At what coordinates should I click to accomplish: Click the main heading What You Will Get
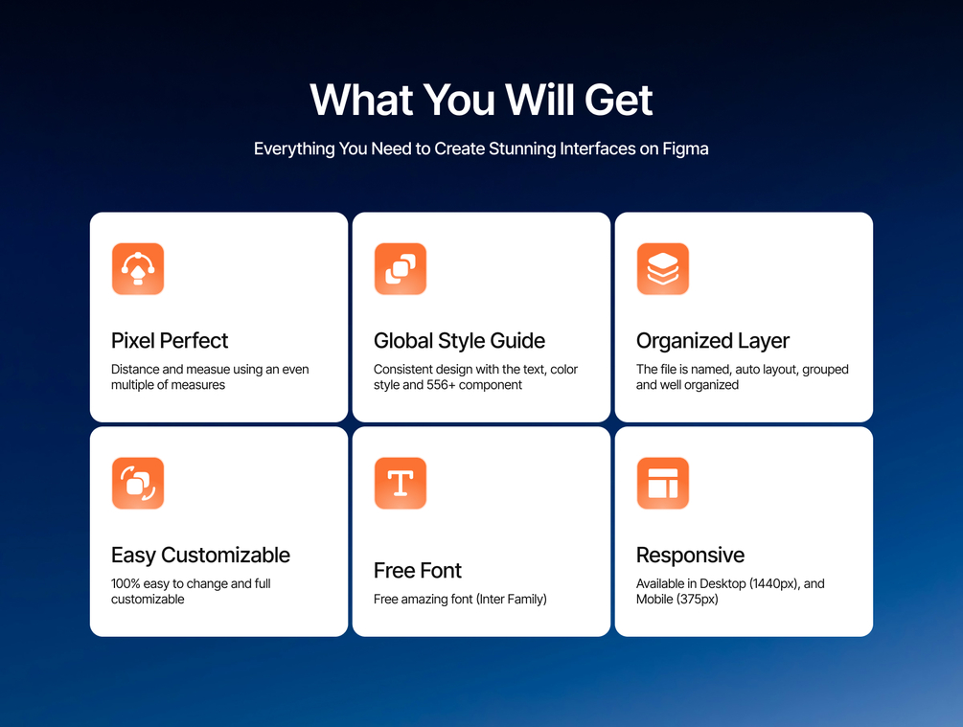pos(481,100)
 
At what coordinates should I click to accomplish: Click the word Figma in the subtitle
pos(685,148)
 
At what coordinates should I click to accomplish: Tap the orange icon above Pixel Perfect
pos(138,269)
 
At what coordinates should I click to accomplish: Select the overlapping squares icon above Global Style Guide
pos(401,269)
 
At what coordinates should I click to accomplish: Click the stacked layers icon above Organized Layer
pos(663,269)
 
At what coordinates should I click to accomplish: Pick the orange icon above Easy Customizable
pos(138,484)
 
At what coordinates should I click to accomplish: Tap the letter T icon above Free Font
pos(401,484)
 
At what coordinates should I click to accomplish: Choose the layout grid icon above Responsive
pos(663,484)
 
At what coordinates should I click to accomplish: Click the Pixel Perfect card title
pos(170,340)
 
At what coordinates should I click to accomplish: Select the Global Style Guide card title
pos(459,341)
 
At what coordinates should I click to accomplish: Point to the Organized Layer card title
pos(712,341)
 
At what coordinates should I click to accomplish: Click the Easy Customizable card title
pos(200,556)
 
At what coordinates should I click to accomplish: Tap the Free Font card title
pos(417,571)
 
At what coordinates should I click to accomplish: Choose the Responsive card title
pos(690,556)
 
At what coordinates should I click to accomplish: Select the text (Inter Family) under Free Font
pos(511,600)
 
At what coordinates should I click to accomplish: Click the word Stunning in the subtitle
pos(522,148)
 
